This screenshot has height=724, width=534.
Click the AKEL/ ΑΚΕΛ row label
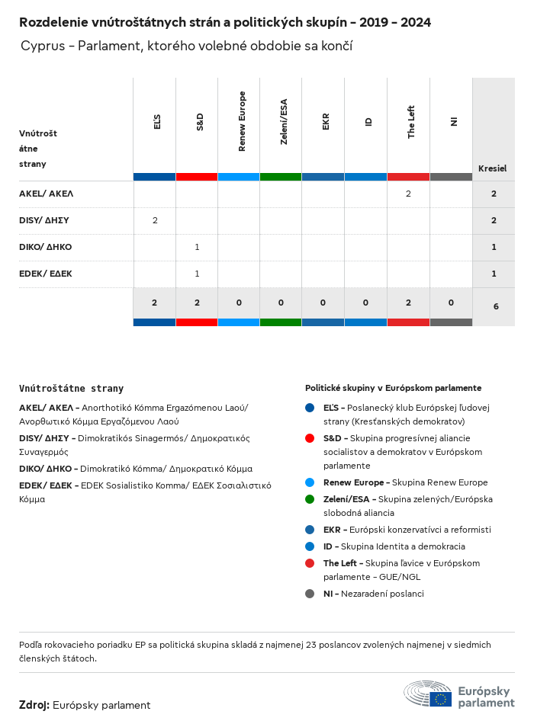[46, 194]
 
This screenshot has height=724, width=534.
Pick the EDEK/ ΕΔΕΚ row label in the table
[46, 274]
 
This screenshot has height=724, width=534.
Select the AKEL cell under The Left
[408, 194]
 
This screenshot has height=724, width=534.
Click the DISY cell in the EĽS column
[155, 220]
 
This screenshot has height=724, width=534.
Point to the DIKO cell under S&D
[197, 247]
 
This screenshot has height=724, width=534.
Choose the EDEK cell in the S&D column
[197, 274]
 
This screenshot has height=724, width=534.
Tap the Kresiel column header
[492, 168]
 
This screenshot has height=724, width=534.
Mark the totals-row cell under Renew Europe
[239, 303]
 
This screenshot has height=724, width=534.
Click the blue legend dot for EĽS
[310, 408]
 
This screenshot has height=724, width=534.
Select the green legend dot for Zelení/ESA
[310, 499]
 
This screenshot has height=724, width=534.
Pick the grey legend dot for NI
[310, 594]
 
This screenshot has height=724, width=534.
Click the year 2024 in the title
[414, 23]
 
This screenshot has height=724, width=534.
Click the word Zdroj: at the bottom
[34, 705]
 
